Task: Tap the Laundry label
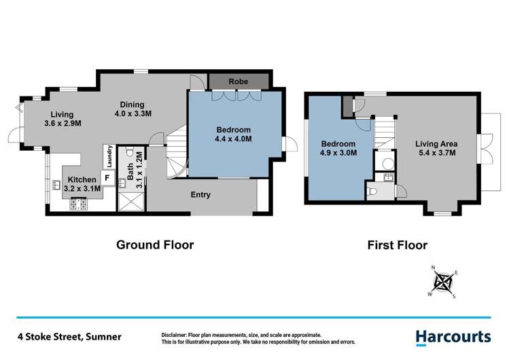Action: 109,156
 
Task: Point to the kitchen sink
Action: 56,184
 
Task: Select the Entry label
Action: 200,195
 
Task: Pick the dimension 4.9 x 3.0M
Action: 338,154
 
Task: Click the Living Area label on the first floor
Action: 436,144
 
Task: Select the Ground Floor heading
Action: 155,245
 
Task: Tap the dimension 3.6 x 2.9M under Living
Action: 63,124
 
